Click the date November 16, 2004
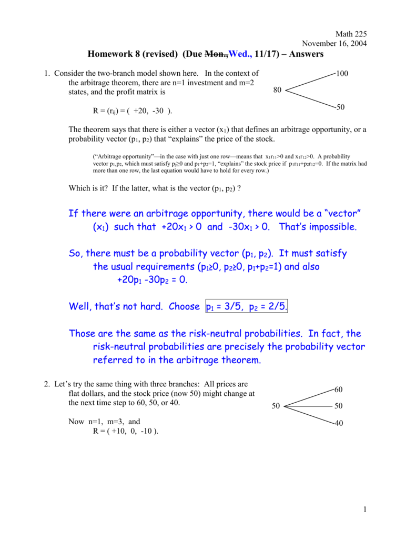(x=334, y=44)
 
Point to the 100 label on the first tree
(x=342, y=74)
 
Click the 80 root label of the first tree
(x=278, y=90)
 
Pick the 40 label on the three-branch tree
(x=339, y=423)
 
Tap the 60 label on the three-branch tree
(x=339, y=389)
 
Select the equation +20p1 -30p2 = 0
(x=151, y=280)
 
